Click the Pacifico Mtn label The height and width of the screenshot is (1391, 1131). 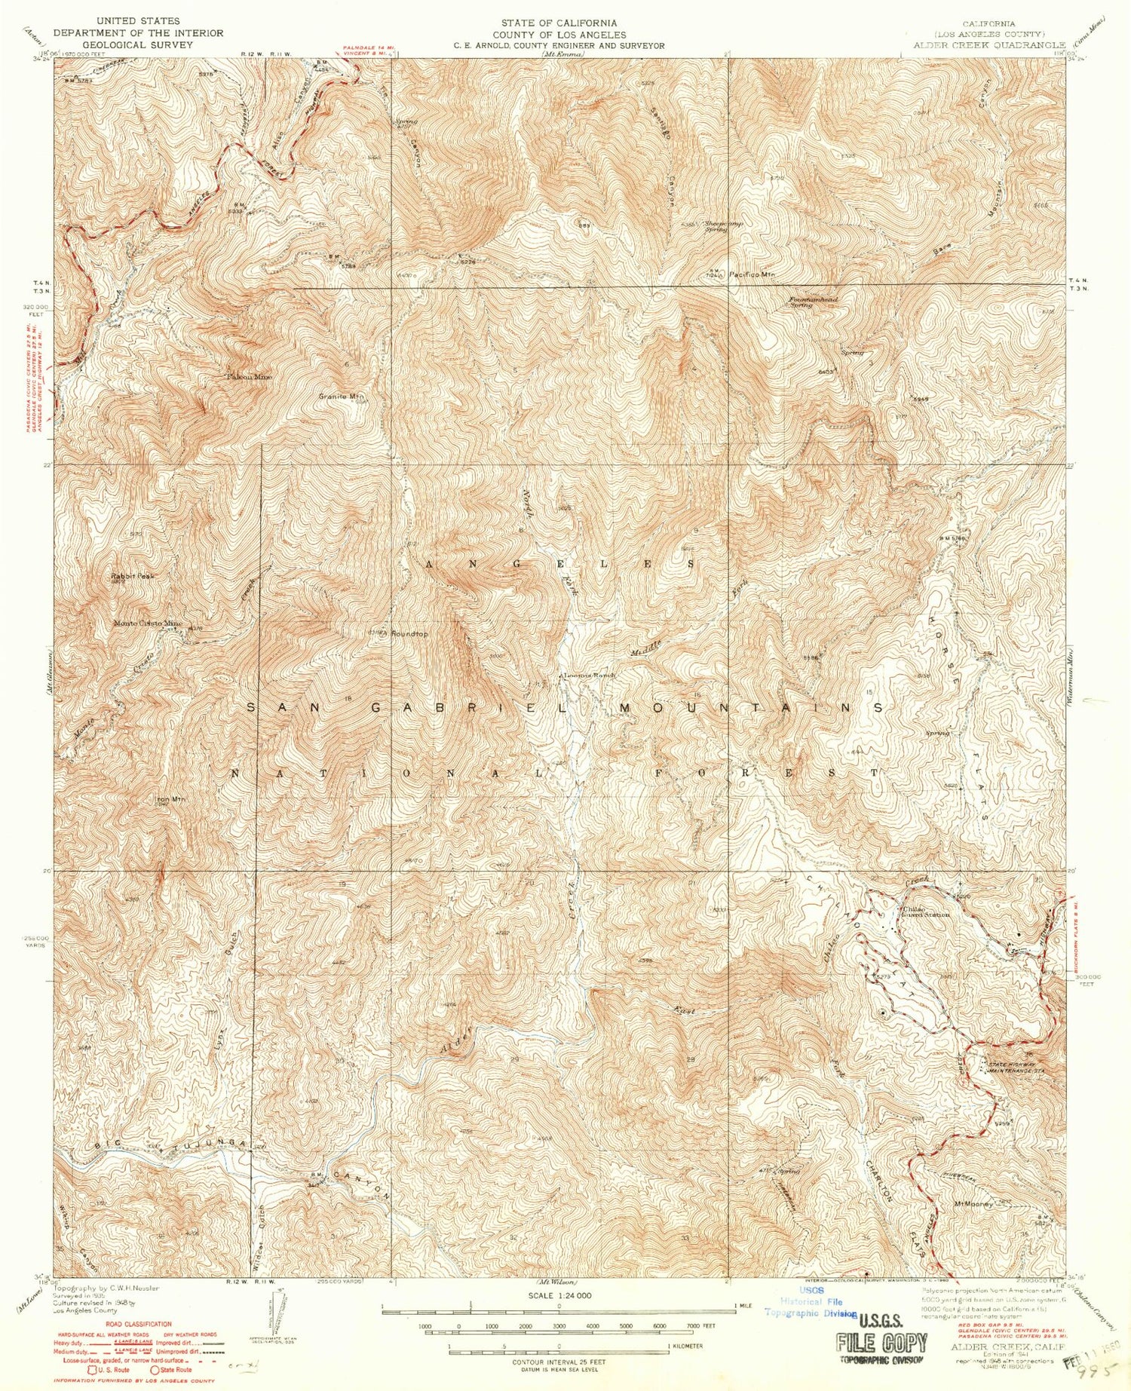752,274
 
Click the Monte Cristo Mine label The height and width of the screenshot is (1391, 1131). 148,623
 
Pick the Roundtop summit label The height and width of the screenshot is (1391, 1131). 409,634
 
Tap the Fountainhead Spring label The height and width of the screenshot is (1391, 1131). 813,302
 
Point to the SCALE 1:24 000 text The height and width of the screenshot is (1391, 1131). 559,1295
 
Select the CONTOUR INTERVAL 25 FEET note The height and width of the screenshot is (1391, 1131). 559,1362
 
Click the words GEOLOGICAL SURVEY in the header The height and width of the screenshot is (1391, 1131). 138,44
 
